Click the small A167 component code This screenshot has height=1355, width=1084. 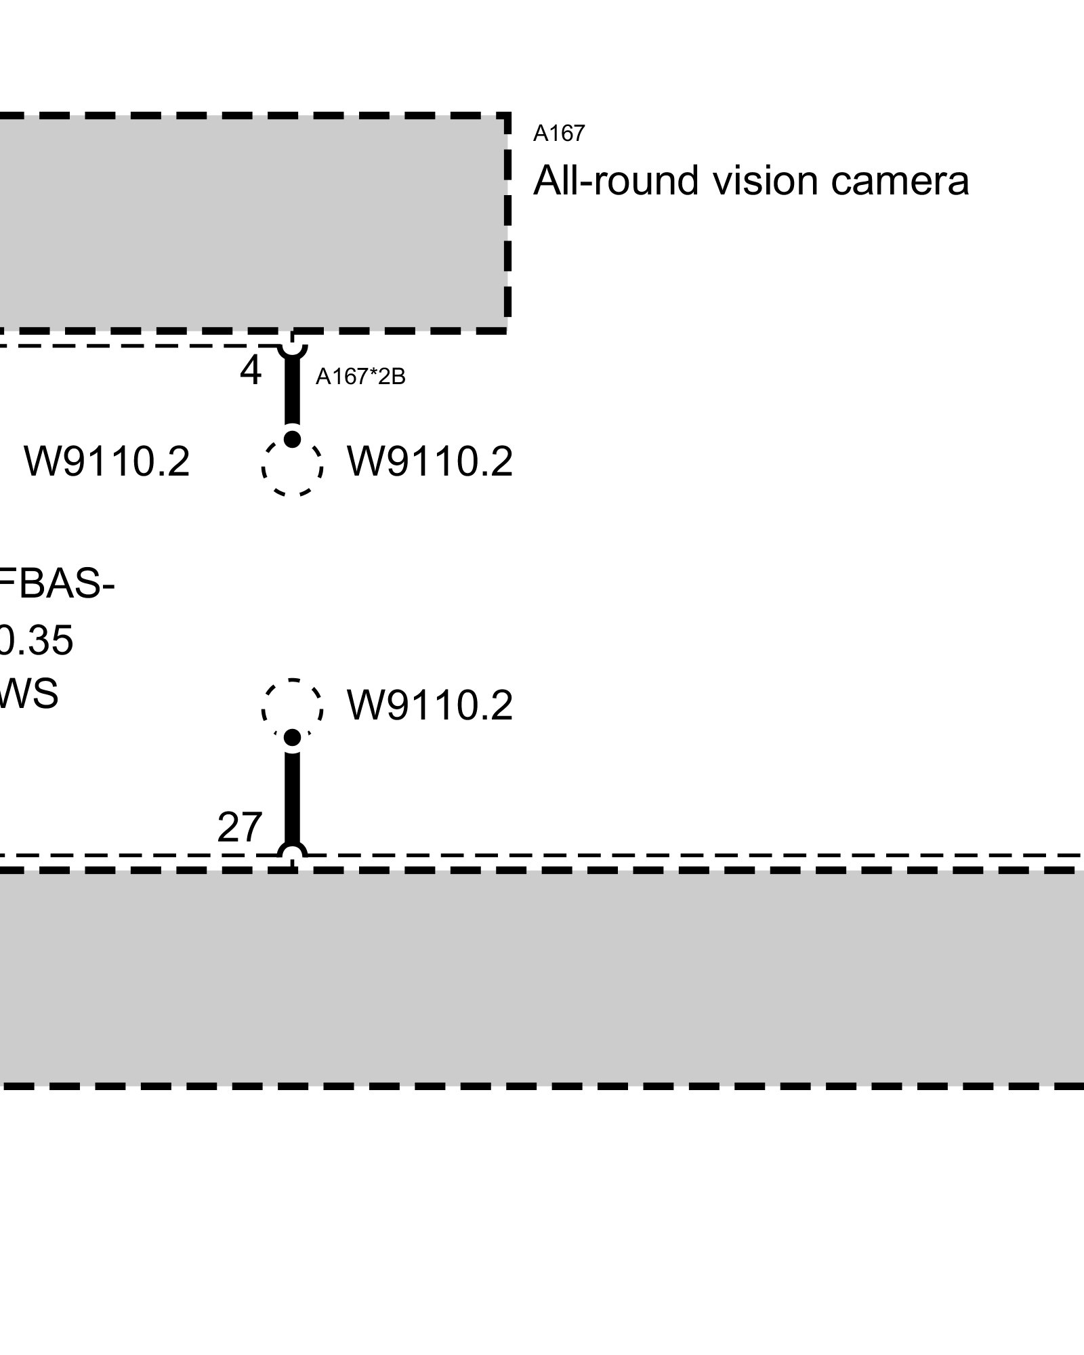pos(558,133)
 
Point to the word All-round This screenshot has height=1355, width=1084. pos(616,181)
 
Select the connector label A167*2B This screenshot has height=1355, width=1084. pos(360,377)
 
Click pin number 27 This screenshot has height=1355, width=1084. pos(239,827)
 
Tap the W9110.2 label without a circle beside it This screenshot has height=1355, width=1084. pos(107,462)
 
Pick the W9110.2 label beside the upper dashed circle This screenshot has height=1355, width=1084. pos(430,462)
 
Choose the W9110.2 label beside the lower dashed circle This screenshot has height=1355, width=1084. pos(430,705)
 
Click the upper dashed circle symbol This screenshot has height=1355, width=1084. pos(292,467)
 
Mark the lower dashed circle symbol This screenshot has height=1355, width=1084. pos(292,707)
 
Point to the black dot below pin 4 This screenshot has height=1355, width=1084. pos(292,439)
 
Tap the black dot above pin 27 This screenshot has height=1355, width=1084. pos(292,737)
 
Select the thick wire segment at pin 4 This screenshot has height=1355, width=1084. pos(292,393)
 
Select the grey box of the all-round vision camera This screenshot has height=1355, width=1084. pos(251,224)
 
